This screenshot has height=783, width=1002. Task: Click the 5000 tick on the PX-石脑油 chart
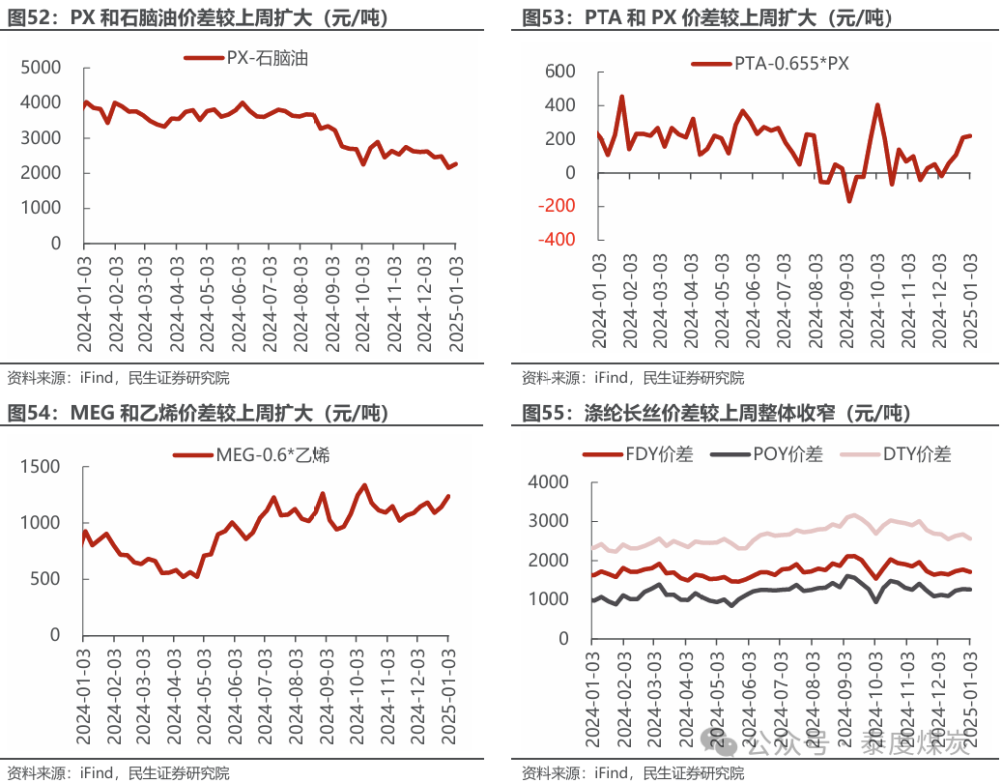(x=42, y=68)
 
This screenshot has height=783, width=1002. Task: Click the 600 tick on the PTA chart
(x=559, y=72)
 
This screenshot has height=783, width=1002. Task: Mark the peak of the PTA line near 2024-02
(x=621, y=97)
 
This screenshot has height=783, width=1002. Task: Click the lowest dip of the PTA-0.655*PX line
(x=849, y=200)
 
